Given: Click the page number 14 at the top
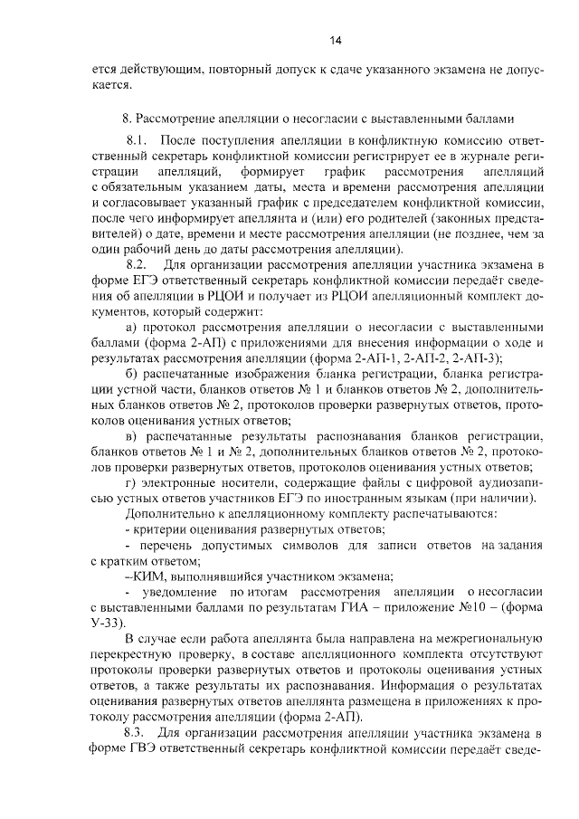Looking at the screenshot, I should click(335, 41).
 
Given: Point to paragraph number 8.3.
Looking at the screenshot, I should click(137, 731).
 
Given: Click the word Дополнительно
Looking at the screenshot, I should click(169, 513).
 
